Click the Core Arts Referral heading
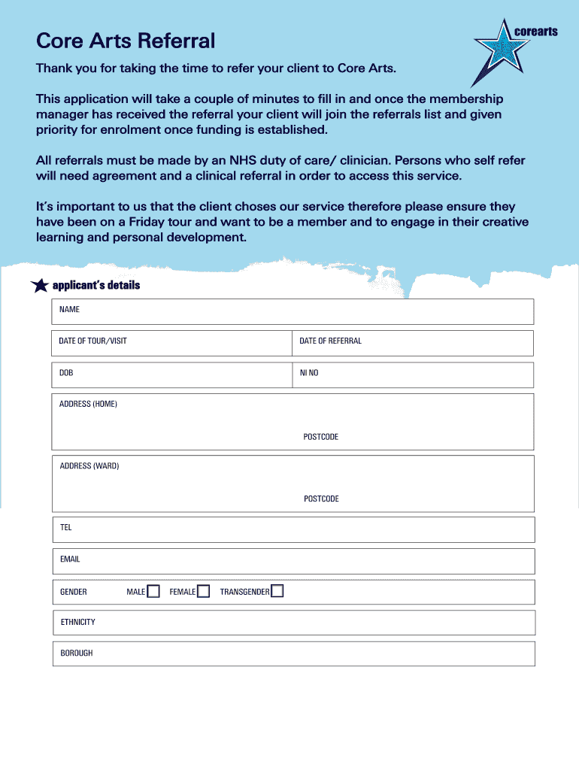click(126, 41)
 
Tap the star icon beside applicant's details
click(39, 286)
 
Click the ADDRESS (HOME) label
click(88, 404)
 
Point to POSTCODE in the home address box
click(321, 437)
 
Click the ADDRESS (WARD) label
click(89, 466)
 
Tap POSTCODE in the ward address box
click(321, 499)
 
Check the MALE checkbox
click(153, 592)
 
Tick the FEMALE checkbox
click(203, 592)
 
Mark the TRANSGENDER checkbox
click(277, 592)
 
